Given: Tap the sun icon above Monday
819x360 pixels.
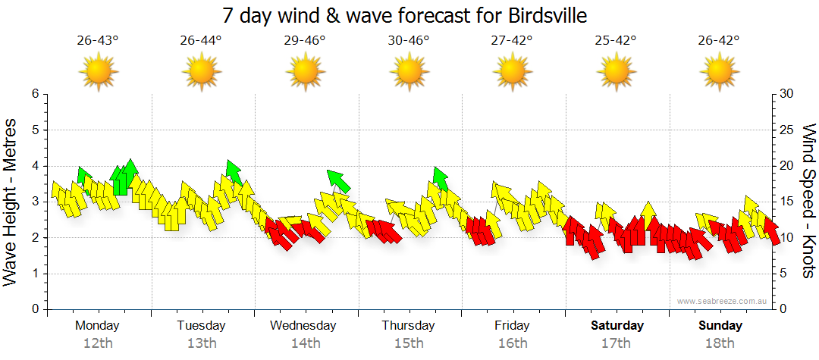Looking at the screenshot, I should (98, 73).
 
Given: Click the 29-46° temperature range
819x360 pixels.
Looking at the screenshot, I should (305, 40).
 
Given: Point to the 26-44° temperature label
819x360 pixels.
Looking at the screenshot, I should (201, 40).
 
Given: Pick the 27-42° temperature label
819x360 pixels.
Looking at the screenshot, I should (512, 40).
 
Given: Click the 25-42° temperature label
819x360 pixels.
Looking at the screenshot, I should (616, 40).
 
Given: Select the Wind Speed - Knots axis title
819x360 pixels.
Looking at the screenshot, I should (808, 201).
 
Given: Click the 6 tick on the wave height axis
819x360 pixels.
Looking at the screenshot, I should (35, 94).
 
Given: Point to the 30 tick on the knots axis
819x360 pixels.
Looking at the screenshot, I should (787, 94).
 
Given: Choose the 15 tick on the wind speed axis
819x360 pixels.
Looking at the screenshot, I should (787, 202).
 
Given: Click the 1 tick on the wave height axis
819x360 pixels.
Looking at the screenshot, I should (35, 274).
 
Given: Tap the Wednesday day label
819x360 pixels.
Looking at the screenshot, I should (303, 326).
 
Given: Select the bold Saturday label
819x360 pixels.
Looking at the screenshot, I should (617, 326).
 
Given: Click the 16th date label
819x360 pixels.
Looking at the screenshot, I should (513, 343).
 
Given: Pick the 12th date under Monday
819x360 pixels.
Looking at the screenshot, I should (98, 343).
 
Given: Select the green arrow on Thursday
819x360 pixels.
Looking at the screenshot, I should (440, 178).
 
